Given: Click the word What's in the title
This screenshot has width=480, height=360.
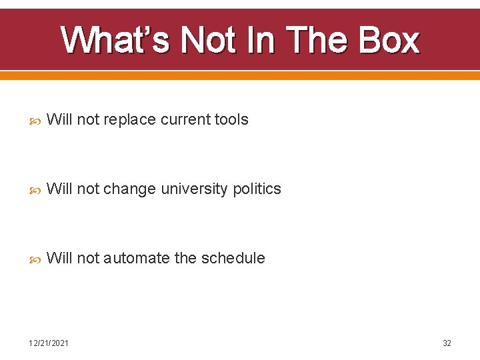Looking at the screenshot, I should click(115, 40).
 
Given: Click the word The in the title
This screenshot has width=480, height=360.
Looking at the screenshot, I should click(320, 40).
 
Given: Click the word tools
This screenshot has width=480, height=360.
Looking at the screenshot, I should click(231, 120).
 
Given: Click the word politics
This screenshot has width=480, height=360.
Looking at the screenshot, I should click(257, 189).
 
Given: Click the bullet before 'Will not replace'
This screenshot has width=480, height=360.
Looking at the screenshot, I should click(37, 121).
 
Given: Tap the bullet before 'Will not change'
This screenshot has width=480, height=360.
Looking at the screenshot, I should click(37, 190).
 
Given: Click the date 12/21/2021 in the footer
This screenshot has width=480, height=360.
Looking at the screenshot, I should click(48, 343).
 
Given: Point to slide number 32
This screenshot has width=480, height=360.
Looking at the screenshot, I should click(447, 343).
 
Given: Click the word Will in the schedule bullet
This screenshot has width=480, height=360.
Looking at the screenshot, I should click(59, 259).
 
